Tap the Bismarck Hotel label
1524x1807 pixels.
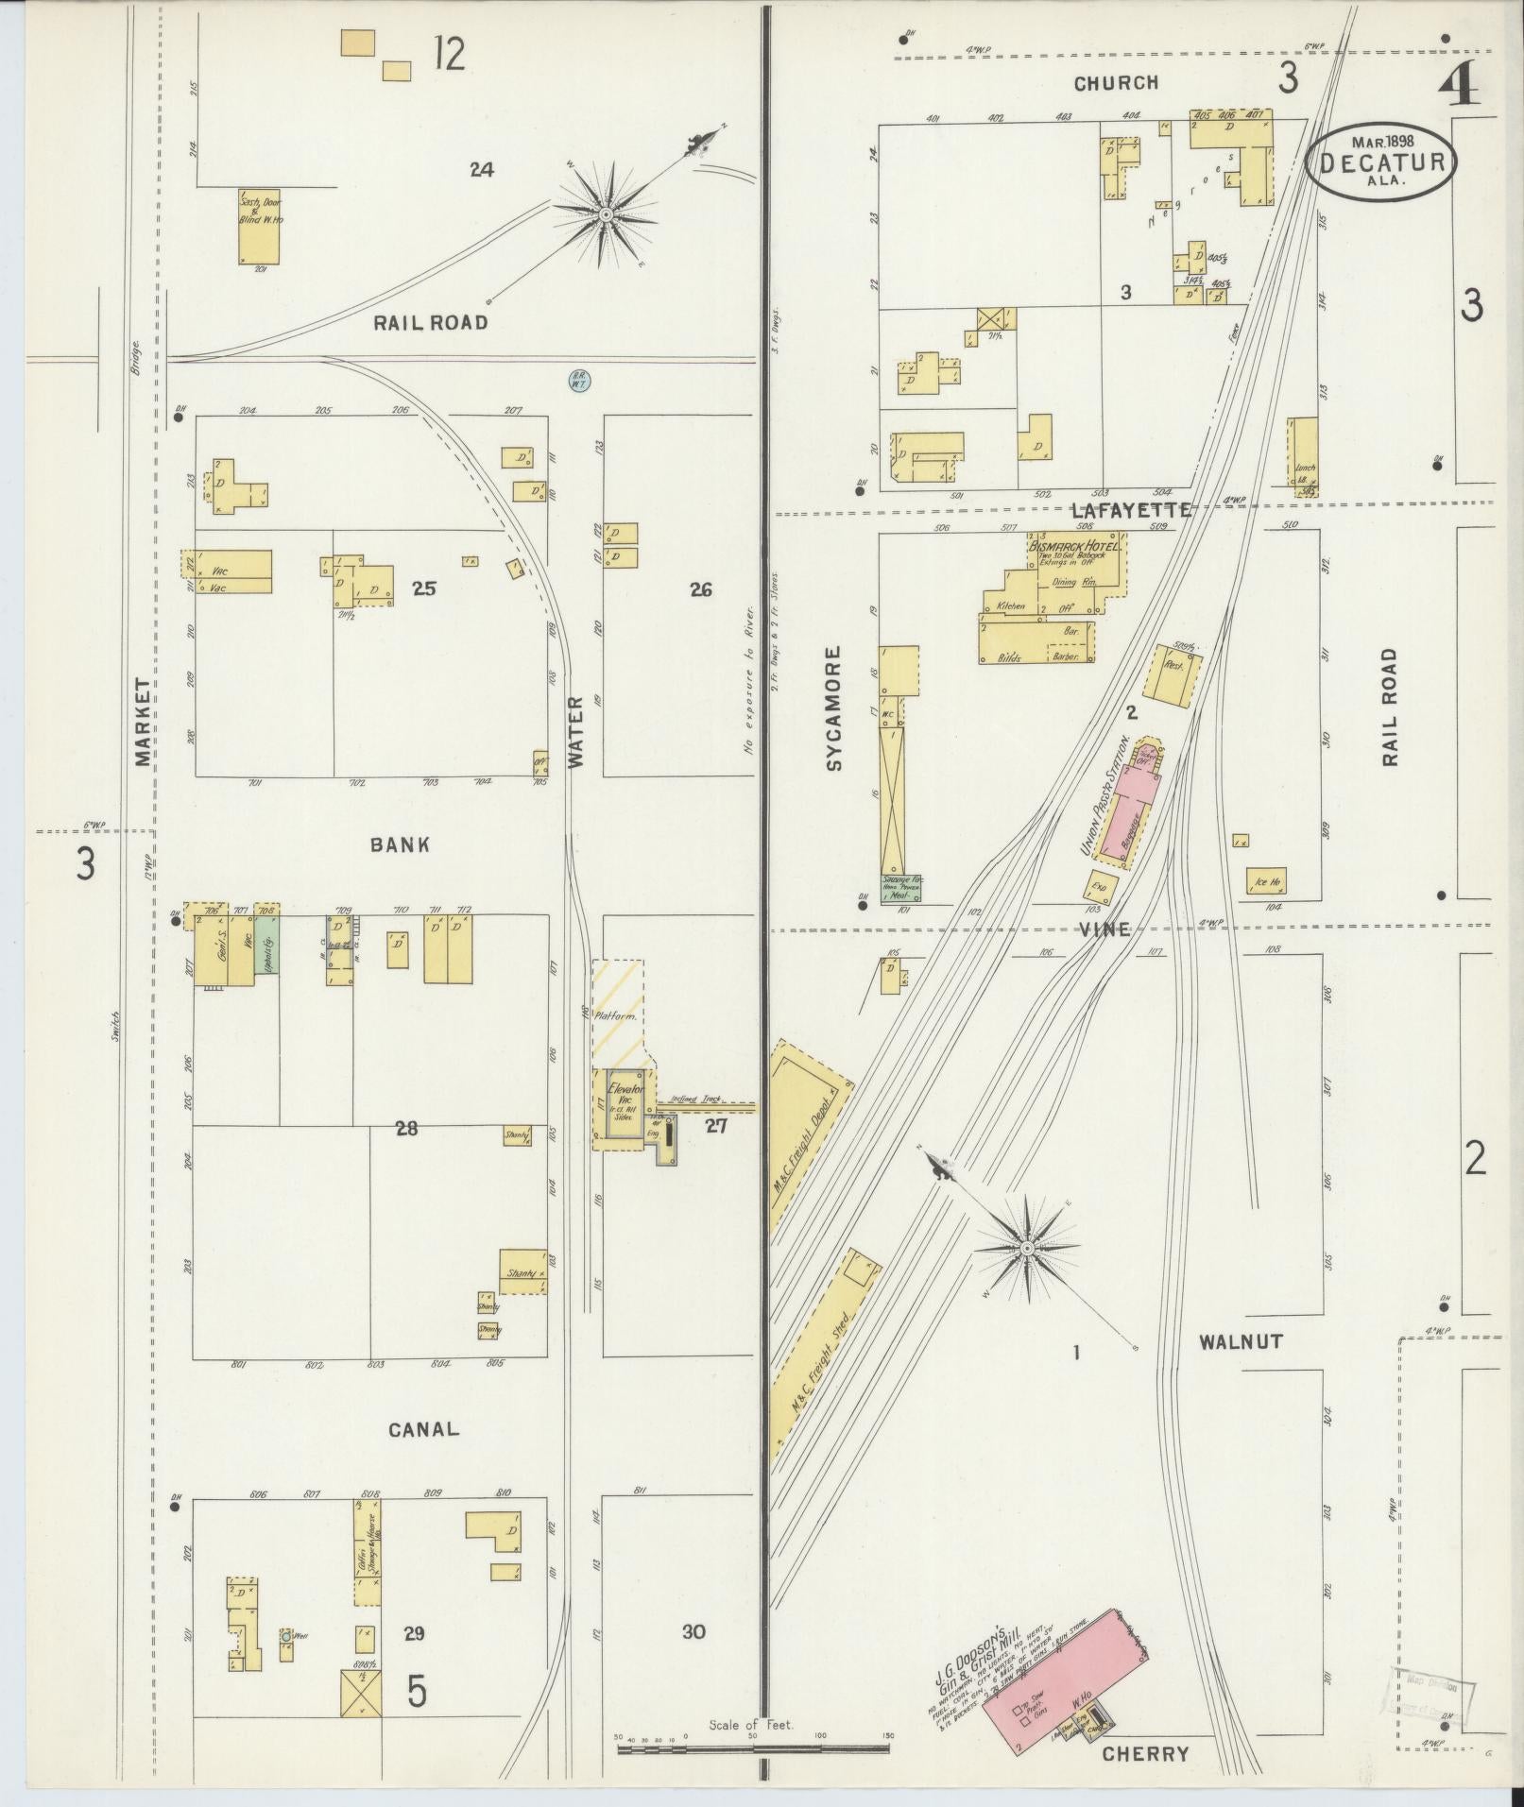(1076, 546)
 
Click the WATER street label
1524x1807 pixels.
(577, 730)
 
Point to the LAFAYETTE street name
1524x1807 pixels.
(1131, 510)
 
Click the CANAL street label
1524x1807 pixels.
(424, 1456)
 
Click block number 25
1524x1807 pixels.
(424, 589)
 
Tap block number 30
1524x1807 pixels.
(694, 1632)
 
